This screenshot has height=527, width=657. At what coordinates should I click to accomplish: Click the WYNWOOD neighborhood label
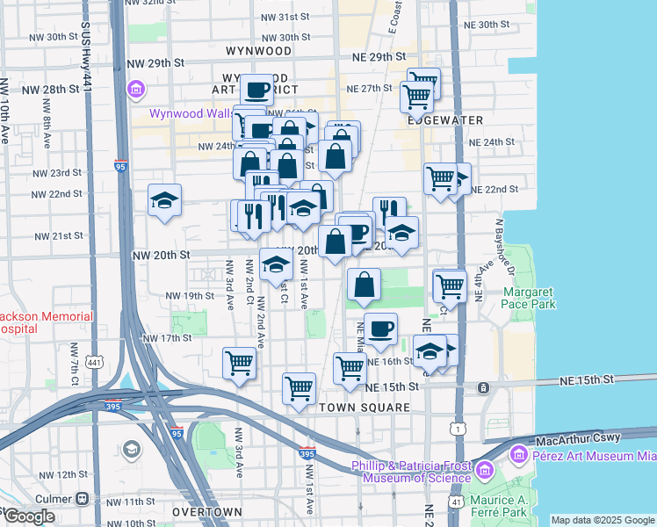coord(258,52)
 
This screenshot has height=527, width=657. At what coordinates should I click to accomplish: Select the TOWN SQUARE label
coord(365,408)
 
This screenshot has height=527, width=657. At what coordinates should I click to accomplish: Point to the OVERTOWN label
coord(207,511)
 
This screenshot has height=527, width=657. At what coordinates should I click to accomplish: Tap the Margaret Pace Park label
coord(530,298)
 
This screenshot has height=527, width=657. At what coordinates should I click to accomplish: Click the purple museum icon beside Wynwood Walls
coord(134,90)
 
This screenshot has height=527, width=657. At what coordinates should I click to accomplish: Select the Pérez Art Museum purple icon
coord(518,455)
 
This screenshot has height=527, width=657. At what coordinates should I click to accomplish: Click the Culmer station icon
coord(82,498)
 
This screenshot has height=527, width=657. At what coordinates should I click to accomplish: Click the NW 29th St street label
coord(155,64)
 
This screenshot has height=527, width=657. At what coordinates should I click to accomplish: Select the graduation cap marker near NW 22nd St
coord(164,200)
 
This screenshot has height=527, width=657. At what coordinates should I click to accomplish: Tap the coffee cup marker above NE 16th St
coord(380,328)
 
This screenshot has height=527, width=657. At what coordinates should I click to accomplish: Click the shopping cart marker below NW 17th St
coord(239,361)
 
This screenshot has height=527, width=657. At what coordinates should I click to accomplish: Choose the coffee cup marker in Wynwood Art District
coord(257,90)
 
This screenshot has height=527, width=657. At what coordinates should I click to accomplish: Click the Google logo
coord(30,516)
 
